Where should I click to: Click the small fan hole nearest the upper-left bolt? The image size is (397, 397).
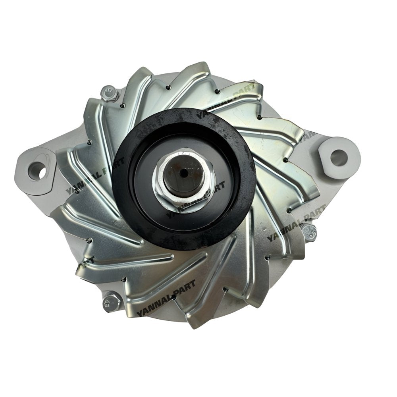coord(123,105)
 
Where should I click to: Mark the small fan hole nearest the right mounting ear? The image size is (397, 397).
coord(297,160)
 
